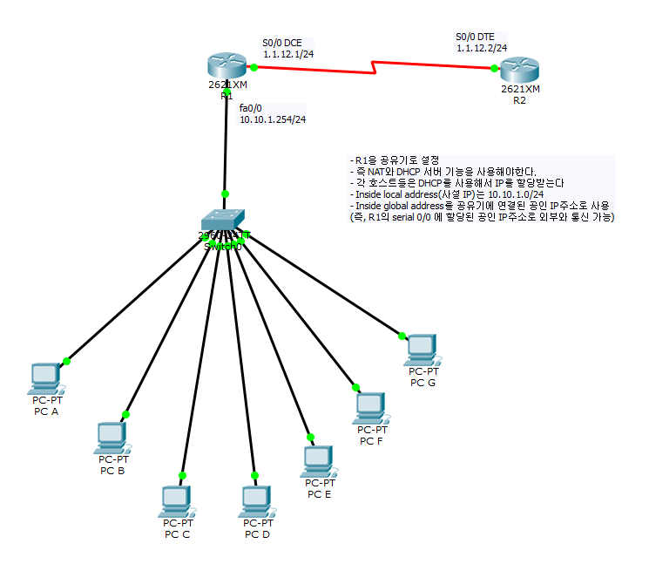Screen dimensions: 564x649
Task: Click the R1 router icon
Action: (x=226, y=65)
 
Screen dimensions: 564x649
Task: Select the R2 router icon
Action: (x=520, y=70)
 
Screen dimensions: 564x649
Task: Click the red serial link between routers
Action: (x=375, y=66)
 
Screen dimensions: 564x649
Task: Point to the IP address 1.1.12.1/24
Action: (x=288, y=54)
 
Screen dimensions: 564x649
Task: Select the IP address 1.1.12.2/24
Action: (x=482, y=49)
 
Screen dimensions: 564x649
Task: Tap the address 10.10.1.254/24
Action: (x=273, y=119)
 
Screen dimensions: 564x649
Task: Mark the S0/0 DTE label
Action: (x=477, y=37)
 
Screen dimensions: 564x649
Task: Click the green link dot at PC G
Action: (x=402, y=335)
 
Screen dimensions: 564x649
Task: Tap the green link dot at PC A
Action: (x=65, y=361)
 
